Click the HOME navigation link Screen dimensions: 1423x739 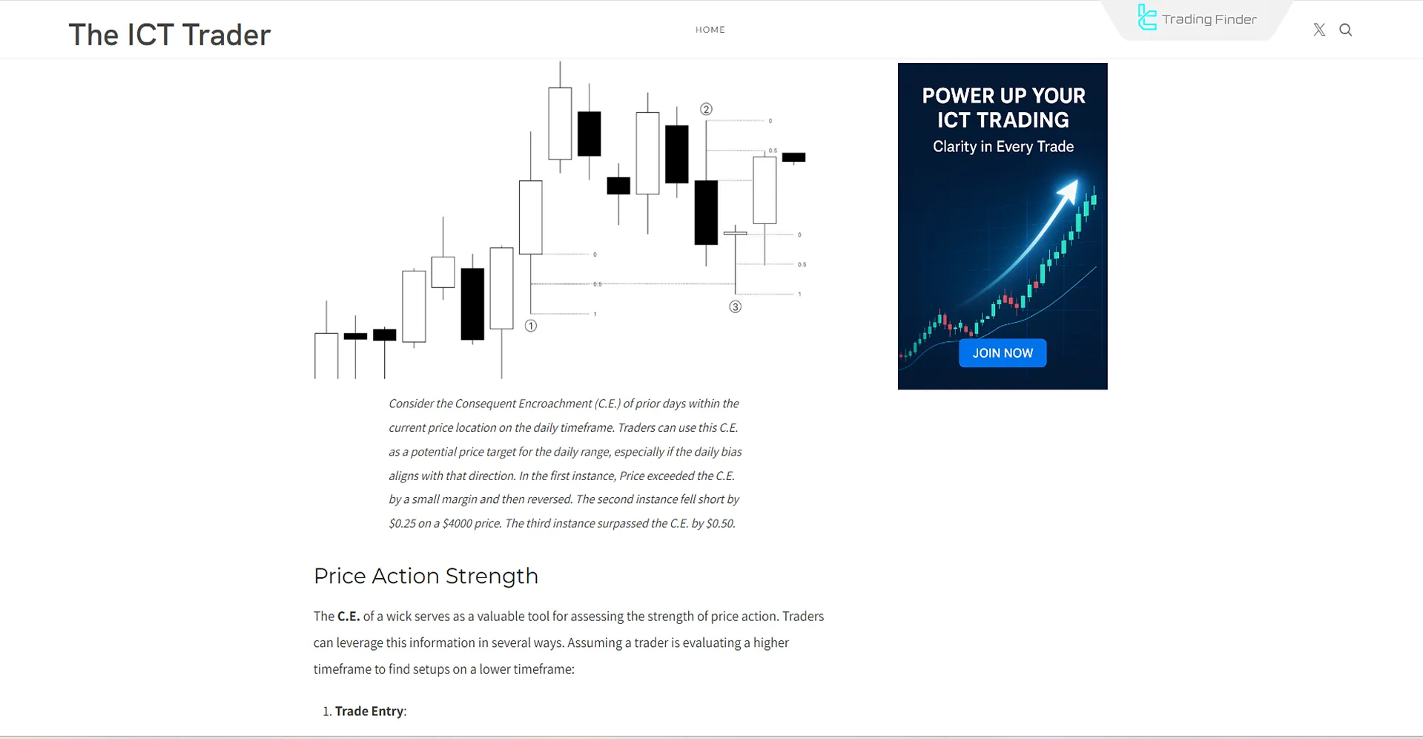coord(710,30)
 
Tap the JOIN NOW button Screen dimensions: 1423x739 coord(1003,353)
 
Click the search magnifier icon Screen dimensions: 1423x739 coord(1345,30)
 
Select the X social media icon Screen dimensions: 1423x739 coord(1319,30)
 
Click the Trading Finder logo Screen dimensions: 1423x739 coord(1197,19)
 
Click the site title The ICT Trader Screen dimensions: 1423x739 coord(170,35)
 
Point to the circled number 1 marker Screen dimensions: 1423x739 coord(531,326)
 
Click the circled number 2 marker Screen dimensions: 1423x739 coord(706,109)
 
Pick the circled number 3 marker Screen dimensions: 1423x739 coord(735,306)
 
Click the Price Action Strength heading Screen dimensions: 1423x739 coord(426,576)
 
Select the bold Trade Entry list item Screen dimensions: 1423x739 coord(369,711)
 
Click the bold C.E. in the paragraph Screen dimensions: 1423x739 coord(349,616)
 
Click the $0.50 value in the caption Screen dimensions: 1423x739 coord(720,523)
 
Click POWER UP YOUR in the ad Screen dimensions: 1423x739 coord(1003,96)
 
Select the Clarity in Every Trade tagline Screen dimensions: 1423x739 coord(1003,146)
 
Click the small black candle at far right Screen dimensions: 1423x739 coord(793,157)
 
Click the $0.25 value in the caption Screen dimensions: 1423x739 coord(402,523)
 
